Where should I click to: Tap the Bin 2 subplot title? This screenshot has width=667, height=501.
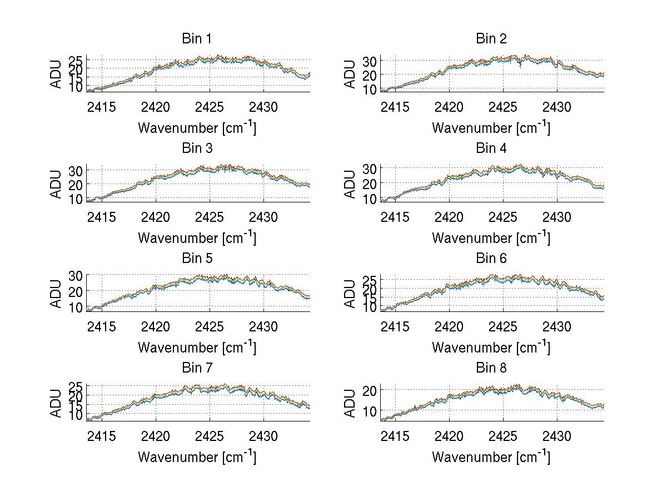pyautogui.click(x=491, y=39)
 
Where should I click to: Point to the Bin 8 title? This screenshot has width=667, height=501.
pyautogui.click(x=491, y=368)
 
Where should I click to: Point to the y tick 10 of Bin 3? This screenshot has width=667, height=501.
pyautogui.click(x=75, y=199)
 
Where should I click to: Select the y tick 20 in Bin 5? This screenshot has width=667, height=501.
pyautogui.click(x=75, y=291)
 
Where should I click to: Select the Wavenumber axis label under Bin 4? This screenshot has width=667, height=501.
pyautogui.click(x=491, y=237)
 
